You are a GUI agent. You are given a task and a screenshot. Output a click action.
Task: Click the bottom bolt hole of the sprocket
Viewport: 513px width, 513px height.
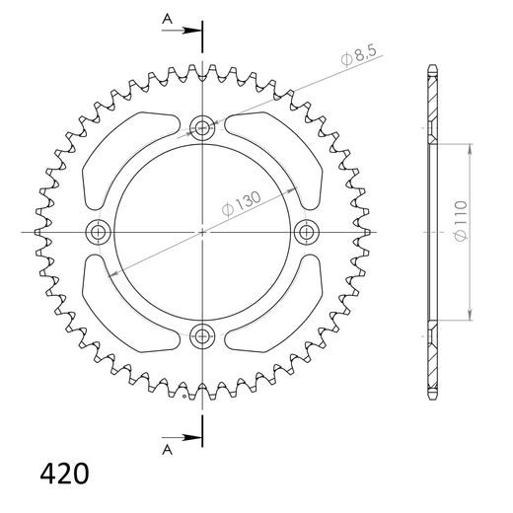(x=202, y=335)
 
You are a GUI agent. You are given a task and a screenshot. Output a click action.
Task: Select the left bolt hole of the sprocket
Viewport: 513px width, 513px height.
(x=98, y=232)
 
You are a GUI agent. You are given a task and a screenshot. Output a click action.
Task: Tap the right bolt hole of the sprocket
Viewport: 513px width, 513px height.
(x=307, y=232)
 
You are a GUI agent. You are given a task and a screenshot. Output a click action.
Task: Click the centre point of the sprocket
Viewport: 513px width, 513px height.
(x=202, y=232)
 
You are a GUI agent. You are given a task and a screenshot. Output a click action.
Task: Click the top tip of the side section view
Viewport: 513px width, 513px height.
(x=432, y=67)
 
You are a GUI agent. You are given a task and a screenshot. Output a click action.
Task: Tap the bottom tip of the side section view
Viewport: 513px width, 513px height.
(x=432, y=398)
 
